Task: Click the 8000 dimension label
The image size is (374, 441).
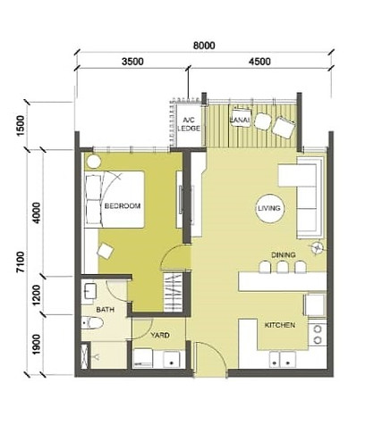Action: click(204, 46)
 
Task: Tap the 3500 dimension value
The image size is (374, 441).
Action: click(132, 62)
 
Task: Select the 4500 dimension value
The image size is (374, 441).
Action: click(260, 62)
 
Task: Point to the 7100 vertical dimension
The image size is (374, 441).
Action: click(21, 262)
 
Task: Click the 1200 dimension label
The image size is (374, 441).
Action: click(37, 295)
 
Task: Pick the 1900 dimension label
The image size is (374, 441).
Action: click(37, 345)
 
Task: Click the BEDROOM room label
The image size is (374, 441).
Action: click(123, 205)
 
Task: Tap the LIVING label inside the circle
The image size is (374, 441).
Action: click(269, 208)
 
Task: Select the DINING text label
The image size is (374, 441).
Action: click(284, 255)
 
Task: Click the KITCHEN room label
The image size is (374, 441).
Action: click(280, 325)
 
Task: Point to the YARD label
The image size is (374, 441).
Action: click(160, 336)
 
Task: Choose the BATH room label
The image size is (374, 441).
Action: click(106, 310)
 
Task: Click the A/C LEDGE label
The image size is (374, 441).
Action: click(189, 124)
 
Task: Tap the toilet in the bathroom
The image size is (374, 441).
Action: click(92, 323)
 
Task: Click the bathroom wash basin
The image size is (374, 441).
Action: click(89, 291)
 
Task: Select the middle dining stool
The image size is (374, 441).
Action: click(283, 267)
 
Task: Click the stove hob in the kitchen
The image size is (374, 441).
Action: click(318, 335)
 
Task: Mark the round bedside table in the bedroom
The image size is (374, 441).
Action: click(94, 162)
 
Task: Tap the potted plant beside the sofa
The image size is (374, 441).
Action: click(317, 247)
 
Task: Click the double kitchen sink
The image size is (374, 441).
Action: click(283, 360)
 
